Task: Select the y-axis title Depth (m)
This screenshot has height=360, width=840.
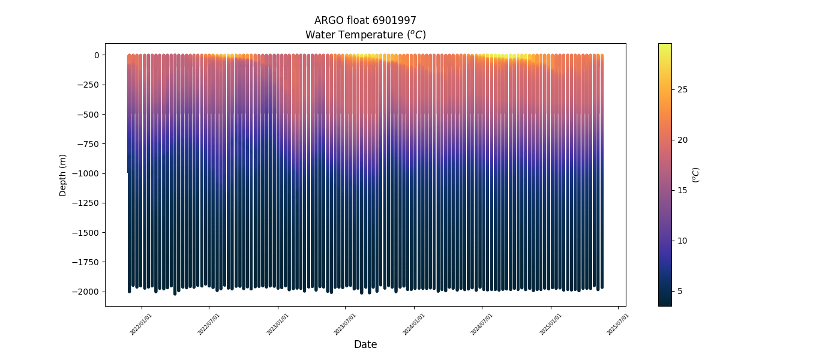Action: (63, 175)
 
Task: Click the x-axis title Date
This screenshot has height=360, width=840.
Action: (365, 344)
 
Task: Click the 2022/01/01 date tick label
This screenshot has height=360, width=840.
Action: (142, 323)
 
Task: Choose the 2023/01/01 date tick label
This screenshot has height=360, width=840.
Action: (278, 323)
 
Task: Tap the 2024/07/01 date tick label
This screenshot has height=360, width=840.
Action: (482, 323)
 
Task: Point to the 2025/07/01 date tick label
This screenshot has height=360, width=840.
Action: (617, 323)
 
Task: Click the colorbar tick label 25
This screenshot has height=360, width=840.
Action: (683, 89)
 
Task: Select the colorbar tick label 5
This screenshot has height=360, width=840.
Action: (680, 291)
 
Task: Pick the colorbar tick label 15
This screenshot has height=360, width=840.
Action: (683, 190)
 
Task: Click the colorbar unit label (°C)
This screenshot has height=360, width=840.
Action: (695, 175)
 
